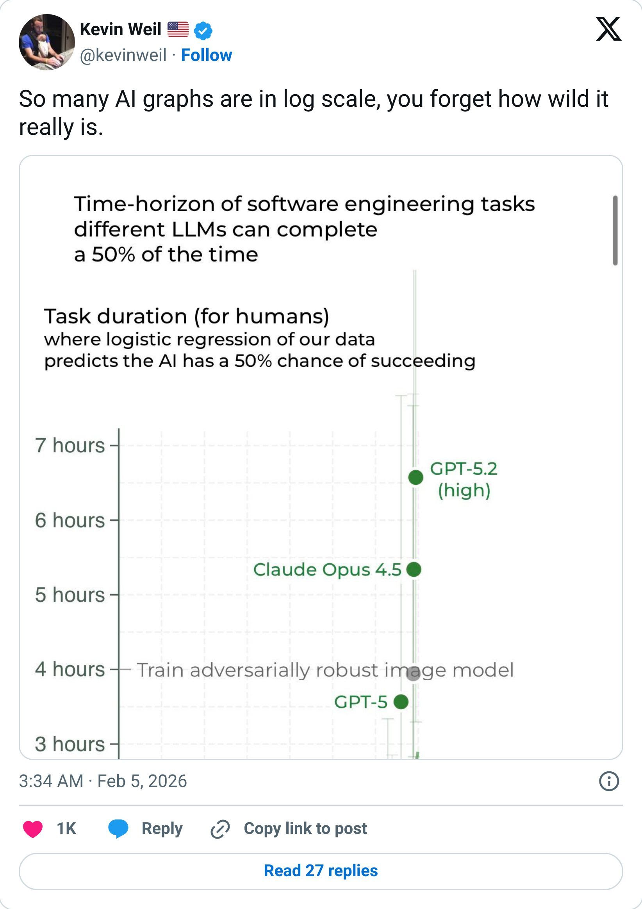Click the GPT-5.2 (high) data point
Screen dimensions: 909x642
point(416,477)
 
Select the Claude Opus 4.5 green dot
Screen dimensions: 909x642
point(414,569)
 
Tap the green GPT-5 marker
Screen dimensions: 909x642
point(401,701)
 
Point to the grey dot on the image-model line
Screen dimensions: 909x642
point(414,673)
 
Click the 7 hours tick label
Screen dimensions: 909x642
point(70,445)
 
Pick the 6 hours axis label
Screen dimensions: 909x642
point(70,520)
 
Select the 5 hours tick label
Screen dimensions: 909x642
point(70,595)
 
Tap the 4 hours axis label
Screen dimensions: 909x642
point(70,669)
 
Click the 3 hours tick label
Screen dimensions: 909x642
point(70,744)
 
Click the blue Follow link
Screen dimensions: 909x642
point(206,55)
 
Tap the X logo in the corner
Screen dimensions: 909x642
point(608,29)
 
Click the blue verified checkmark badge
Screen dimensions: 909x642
point(203,30)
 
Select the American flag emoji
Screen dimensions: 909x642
point(178,29)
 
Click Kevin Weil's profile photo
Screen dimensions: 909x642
point(47,42)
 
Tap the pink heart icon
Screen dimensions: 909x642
point(33,828)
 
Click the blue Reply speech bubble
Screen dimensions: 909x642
point(118,828)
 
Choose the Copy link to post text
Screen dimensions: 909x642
point(305,828)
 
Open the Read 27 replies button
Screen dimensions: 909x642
point(321,871)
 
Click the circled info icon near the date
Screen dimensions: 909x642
point(609,781)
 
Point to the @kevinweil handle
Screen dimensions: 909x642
point(123,55)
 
